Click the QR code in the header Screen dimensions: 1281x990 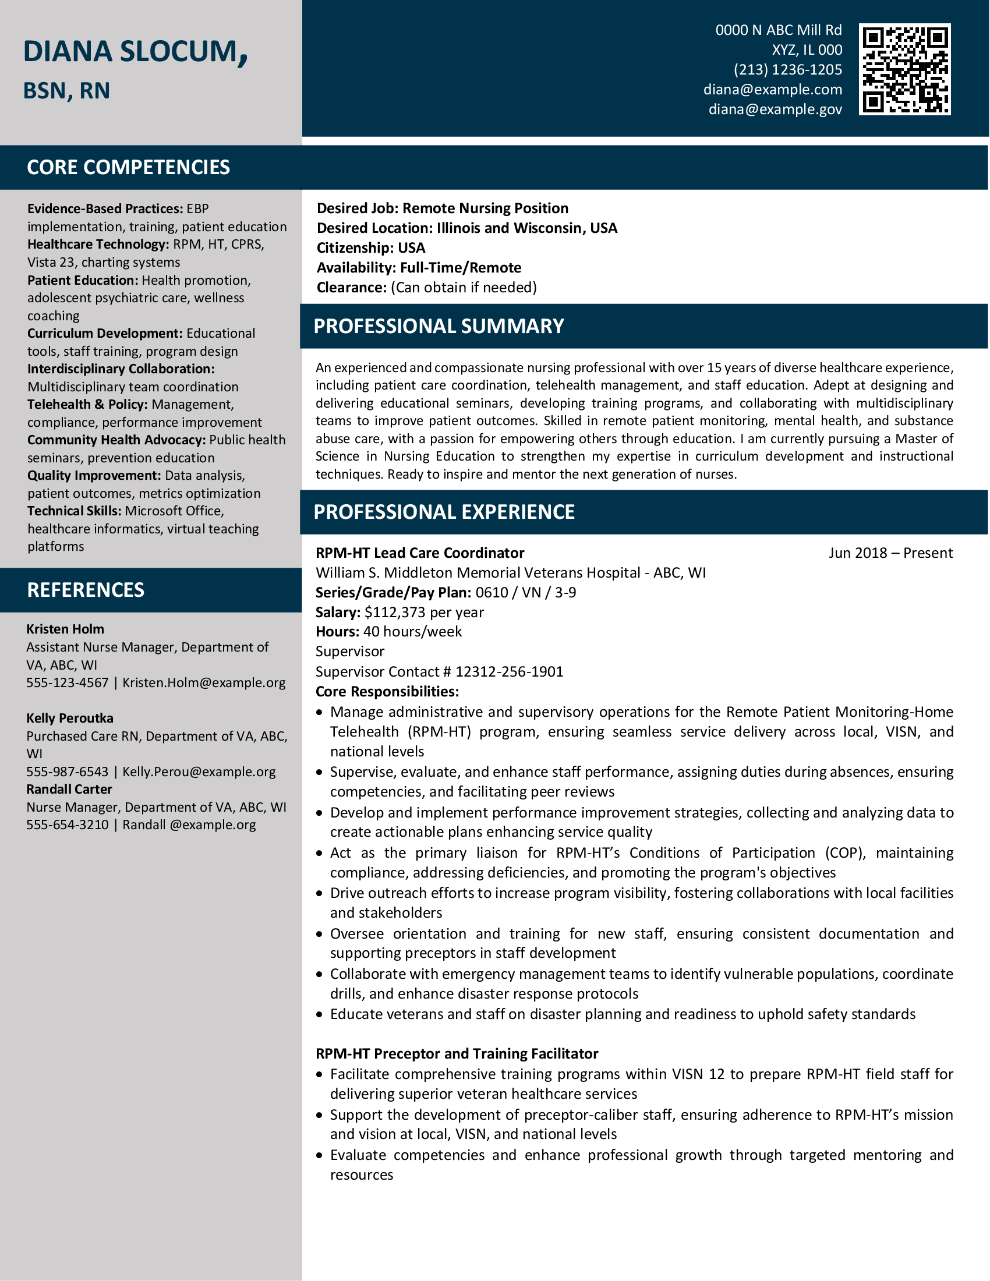point(904,69)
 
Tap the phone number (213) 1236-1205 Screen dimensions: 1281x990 point(787,70)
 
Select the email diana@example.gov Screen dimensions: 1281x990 point(775,109)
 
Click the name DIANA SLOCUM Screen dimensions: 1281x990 point(135,52)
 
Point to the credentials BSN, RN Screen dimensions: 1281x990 point(66,91)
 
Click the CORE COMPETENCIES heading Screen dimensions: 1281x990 point(128,167)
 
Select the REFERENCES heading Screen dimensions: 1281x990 point(85,590)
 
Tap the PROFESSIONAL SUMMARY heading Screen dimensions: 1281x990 point(438,326)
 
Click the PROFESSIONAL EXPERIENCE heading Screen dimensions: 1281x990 point(443,512)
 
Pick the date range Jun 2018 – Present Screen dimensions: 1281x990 point(890,553)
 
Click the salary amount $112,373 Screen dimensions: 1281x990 point(394,613)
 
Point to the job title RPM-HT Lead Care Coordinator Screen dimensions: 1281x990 point(419,553)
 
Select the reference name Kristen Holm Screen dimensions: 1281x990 point(65,629)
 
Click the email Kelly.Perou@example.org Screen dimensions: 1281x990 point(199,772)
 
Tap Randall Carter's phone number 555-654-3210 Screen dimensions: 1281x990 point(68,824)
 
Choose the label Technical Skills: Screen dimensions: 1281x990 point(74,511)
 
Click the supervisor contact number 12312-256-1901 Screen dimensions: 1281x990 point(509,671)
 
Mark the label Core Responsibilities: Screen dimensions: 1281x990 point(387,692)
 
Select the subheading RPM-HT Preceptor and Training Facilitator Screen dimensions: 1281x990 point(457,1053)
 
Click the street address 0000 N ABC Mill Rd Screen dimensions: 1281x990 point(777,30)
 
